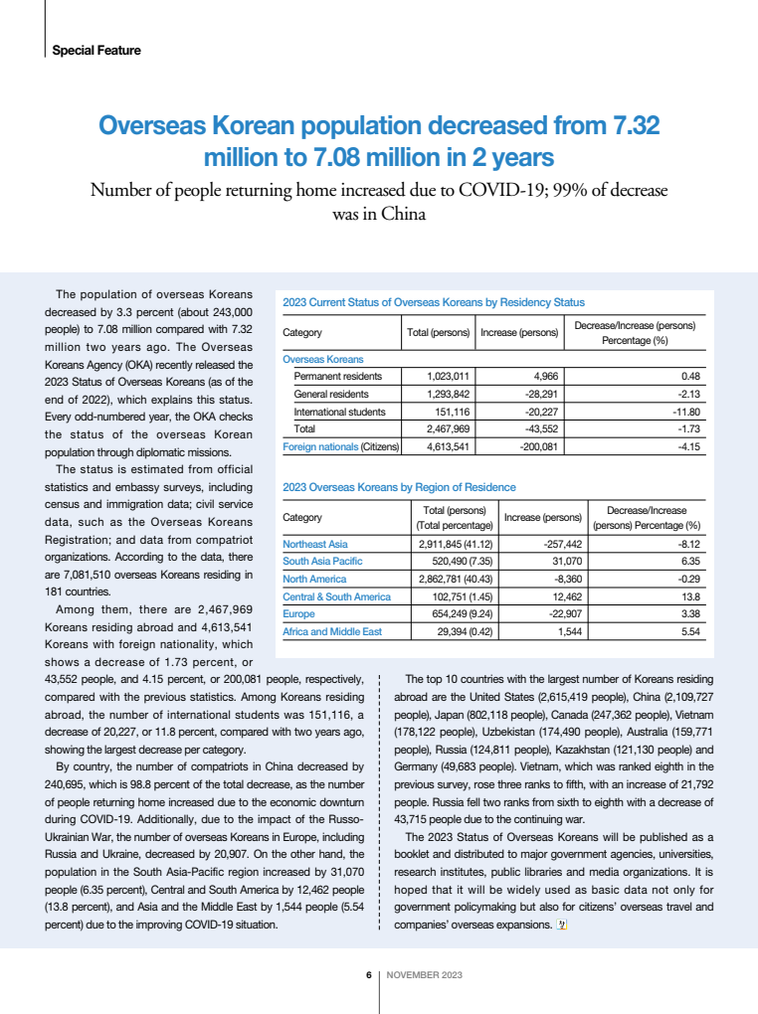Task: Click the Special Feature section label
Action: pos(95,50)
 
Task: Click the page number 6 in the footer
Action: pos(368,974)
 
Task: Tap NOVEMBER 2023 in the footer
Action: pos(424,974)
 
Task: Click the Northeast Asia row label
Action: pos(315,544)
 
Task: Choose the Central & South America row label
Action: pos(337,596)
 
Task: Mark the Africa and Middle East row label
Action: pos(333,631)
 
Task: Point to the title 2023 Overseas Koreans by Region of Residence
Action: pos(400,487)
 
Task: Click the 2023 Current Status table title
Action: pos(434,301)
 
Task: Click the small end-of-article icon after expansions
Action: pos(562,927)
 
